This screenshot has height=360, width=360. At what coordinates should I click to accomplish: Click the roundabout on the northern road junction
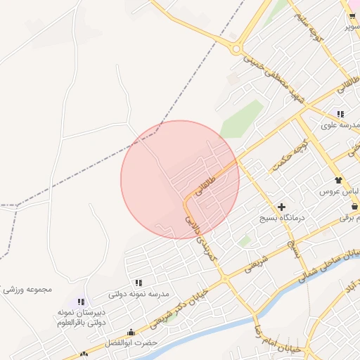(236, 49)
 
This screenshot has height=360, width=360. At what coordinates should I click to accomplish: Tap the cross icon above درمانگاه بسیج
(282, 207)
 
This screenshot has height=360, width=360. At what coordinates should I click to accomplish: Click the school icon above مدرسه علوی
(340, 114)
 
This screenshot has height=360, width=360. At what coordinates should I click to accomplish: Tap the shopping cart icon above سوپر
(352, 16)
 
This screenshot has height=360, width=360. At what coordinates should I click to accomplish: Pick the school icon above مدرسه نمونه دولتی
(139, 283)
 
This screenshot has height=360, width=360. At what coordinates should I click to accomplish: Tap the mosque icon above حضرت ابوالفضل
(130, 333)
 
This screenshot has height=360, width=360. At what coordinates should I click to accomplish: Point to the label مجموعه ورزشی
(28, 290)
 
